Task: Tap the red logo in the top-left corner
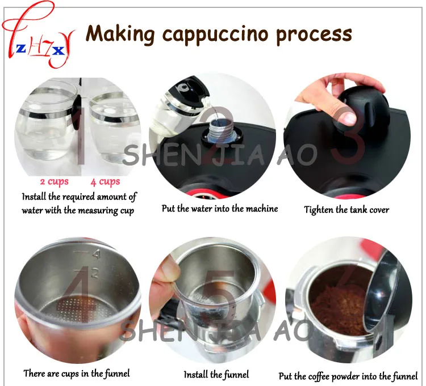coord(38,34)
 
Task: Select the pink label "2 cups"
coord(54,182)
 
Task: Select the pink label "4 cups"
coord(105,182)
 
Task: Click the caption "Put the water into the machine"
coord(220,209)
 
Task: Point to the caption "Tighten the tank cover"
coord(346,210)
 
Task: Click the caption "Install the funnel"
coord(216,375)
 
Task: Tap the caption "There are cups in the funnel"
coord(77,374)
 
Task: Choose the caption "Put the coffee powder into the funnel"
coord(348,376)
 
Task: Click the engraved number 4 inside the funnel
coord(97,255)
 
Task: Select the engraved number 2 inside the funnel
coord(94,273)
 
